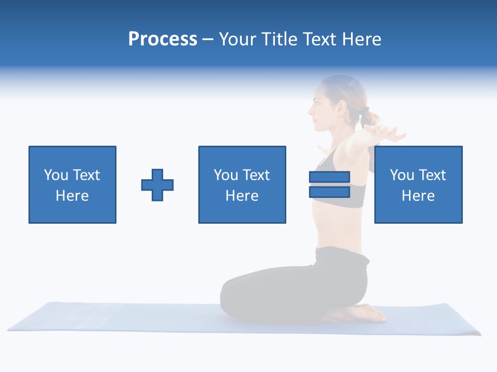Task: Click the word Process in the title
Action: click(163, 39)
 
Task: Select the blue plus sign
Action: click(157, 185)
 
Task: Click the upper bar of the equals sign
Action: click(329, 177)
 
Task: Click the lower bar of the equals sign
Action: click(329, 192)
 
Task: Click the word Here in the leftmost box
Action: click(72, 196)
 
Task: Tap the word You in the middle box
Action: click(226, 175)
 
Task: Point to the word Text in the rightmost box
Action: click(433, 175)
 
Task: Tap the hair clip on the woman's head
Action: click(352, 82)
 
